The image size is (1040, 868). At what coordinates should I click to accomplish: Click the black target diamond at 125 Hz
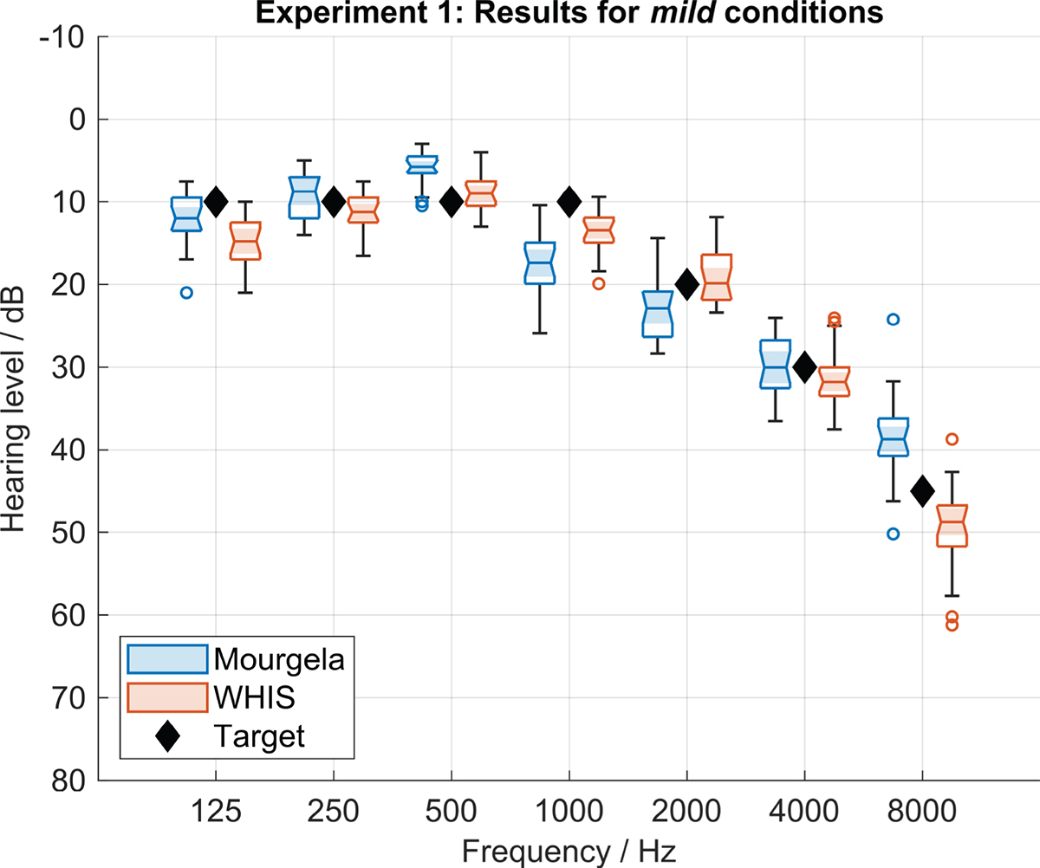(216, 202)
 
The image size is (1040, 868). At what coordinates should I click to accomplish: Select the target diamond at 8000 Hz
(922, 491)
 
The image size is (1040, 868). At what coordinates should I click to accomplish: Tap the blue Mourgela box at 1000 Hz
(539, 263)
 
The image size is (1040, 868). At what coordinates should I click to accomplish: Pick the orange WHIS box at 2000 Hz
(716, 277)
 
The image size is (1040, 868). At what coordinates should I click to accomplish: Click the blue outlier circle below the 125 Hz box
(186, 293)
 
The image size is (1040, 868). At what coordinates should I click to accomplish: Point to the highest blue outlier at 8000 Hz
(893, 319)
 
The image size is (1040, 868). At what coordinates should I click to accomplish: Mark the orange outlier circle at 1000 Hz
(598, 284)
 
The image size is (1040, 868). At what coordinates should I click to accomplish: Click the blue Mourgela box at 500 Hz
(422, 165)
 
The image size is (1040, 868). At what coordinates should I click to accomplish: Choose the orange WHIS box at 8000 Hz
(952, 526)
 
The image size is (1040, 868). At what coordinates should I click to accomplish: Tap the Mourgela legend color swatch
(167, 659)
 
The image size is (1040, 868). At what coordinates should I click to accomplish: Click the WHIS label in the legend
(254, 697)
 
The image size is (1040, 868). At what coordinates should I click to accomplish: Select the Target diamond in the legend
(167, 736)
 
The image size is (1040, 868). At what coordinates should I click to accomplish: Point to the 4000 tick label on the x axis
(804, 811)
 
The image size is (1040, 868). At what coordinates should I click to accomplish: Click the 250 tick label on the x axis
(333, 811)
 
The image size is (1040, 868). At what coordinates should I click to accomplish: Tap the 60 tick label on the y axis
(68, 616)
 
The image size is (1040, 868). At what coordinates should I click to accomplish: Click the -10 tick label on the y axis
(62, 37)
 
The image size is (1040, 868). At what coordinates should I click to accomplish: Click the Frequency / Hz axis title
(569, 851)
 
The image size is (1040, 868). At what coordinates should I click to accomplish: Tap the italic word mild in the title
(684, 12)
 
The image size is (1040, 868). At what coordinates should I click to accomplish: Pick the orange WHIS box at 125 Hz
(245, 241)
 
